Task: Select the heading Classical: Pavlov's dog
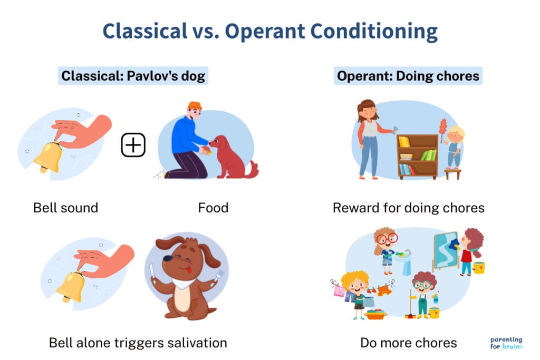click(133, 76)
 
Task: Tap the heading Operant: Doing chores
click(408, 76)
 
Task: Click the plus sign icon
click(133, 145)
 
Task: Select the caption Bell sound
click(65, 208)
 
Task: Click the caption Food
click(213, 208)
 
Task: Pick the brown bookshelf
click(417, 156)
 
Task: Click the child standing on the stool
click(454, 148)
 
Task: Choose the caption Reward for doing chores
click(408, 208)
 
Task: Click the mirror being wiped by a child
click(446, 252)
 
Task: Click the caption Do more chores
click(408, 343)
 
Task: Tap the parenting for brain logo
click(506, 343)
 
